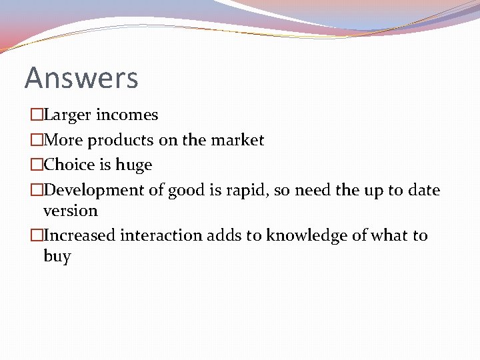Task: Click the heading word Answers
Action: coord(81,78)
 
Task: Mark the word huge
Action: coord(134,165)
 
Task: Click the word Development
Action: coord(94,190)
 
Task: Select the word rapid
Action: coord(249,190)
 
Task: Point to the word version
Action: coord(70,211)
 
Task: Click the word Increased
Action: coord(79,235)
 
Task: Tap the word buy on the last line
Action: coord(57,257)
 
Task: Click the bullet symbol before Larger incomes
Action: coord(36,115)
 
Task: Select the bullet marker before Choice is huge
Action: coord(36,165)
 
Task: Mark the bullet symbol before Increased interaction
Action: coord(36,235)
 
